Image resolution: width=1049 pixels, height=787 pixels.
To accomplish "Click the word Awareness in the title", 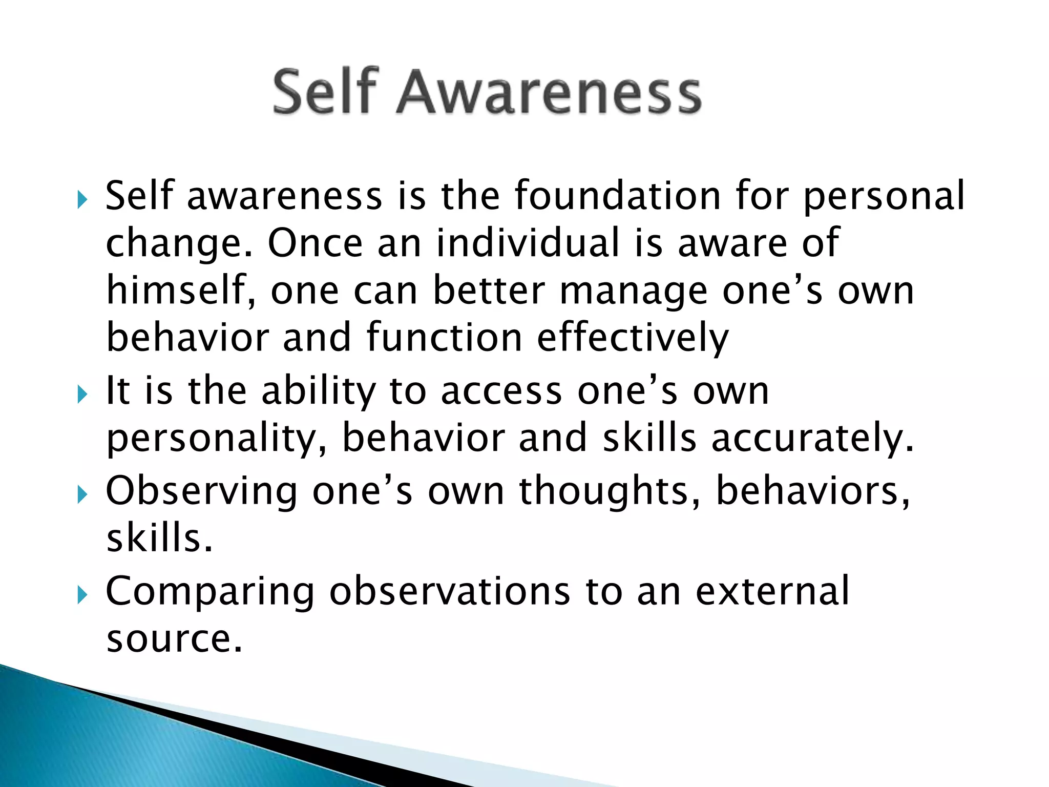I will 549,93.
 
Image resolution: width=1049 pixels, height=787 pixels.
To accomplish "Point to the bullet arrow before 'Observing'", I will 82,494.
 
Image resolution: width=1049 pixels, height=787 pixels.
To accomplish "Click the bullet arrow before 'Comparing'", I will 82,595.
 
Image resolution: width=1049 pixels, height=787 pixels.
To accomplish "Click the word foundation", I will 617,196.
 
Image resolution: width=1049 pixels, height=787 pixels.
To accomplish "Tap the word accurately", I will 812,439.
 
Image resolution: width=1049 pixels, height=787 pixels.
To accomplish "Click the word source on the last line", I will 174,638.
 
